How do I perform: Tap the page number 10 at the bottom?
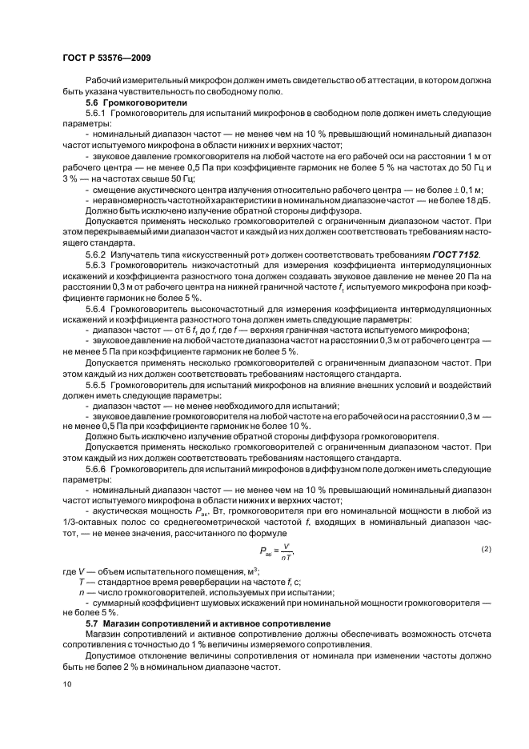coord(67,684)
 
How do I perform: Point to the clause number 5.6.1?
coord(96,114)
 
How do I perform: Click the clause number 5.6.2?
coord(96,254)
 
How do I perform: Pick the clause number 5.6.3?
coord(96,265)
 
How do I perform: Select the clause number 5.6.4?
coord(96,308)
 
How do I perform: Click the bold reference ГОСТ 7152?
coord(455,254)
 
